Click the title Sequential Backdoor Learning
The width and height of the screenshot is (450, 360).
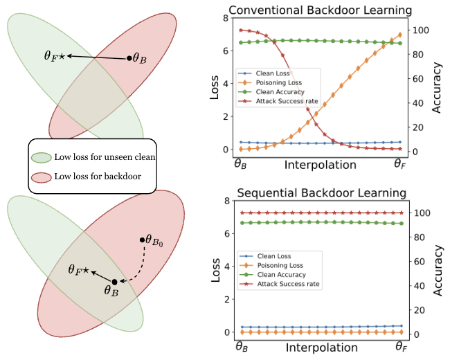(321, 192)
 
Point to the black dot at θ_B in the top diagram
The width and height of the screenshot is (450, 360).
(129, 58)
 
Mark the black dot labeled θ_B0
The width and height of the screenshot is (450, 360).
(141, 240)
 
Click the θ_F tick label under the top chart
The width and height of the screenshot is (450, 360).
(400, 165)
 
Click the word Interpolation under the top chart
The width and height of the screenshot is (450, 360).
(321, 165)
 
